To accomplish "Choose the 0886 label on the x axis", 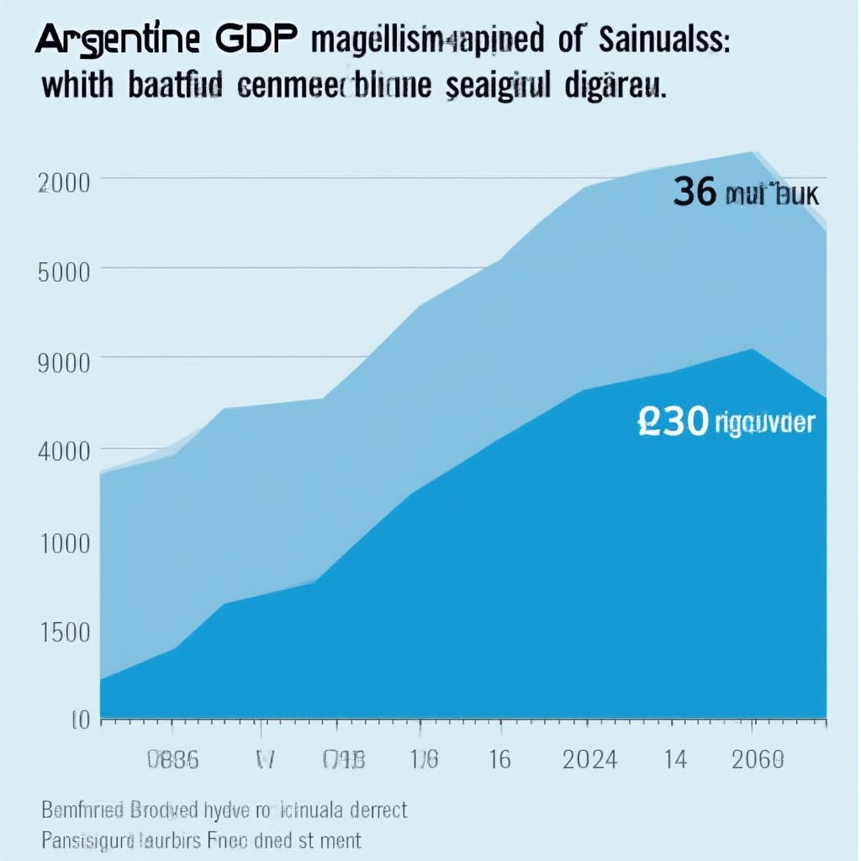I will point(172,760).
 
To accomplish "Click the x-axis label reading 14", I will point(675,760).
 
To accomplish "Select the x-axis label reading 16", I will point(499,760).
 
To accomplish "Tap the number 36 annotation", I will point(695,193).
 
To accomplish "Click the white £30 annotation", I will point(673,423).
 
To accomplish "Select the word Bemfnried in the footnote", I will point(83,811).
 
